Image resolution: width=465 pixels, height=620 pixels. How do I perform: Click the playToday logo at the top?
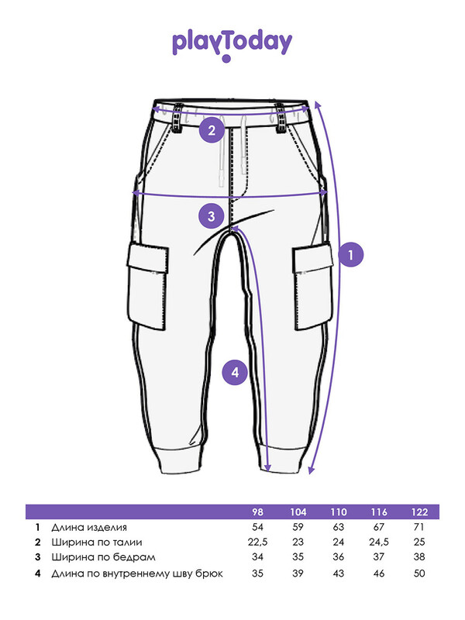(x=232, y=46)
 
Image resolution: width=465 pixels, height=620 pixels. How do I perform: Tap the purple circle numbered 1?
(x=351, y=255)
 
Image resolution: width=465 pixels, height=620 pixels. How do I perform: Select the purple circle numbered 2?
(x=212, y=130)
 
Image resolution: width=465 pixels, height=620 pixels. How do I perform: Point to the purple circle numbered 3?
(x=212, y=216)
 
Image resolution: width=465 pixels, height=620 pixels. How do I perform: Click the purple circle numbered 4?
(x=236, y=373)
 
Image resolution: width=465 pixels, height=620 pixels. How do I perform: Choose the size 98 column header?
(x=257, y=512)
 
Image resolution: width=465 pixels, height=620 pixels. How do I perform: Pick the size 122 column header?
(x=419, y=512)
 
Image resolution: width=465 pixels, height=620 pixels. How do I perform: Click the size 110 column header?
(x=339, y=512)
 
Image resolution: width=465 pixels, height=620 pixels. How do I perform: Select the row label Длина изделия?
(x=89, y=527)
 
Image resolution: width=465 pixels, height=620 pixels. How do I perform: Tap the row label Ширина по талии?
(x=96, y=542)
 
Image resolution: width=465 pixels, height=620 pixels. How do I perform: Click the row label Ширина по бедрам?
(x=103, y=557)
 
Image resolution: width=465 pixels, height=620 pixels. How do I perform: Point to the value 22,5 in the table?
(x=257, y=542)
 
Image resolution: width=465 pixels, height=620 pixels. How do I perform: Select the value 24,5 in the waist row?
(x=379, y=542)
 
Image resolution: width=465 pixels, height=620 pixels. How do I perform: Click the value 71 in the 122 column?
(x=419, y=527)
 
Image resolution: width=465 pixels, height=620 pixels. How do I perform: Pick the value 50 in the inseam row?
(x=419, y=573)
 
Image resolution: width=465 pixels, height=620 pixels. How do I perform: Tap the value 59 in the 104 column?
(x=298, y=527)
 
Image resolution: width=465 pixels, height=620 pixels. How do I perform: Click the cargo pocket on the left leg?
(x=147, y=286)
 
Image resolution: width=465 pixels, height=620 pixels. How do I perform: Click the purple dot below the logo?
(x=226, y=59)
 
